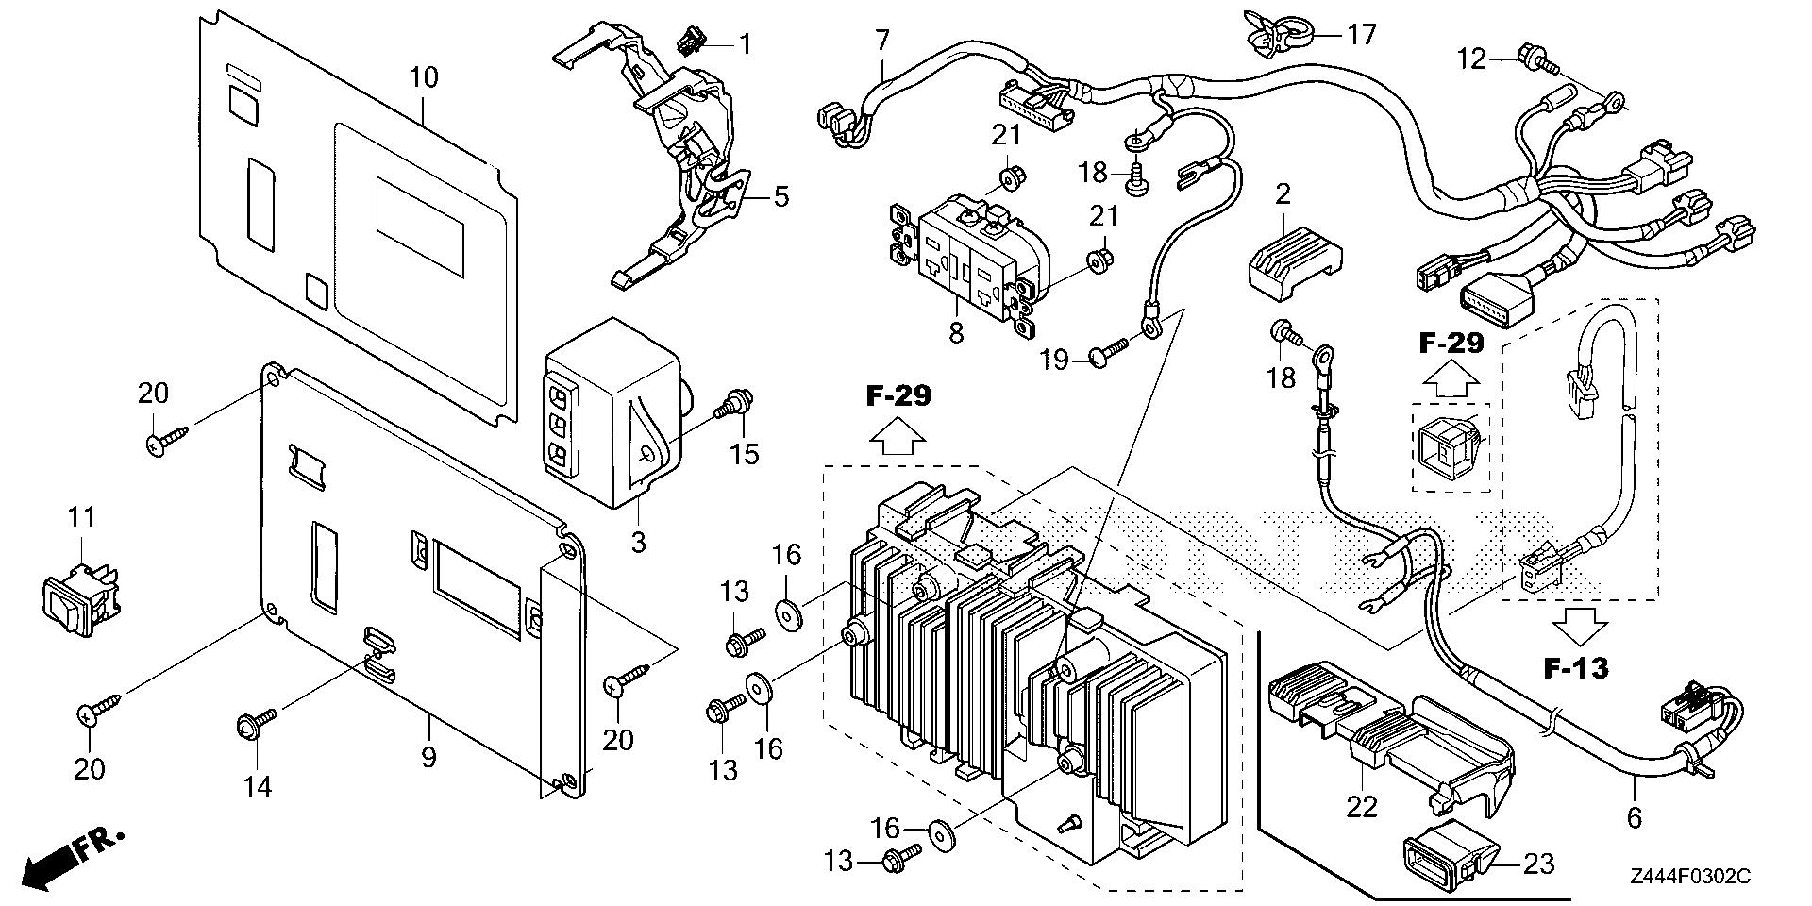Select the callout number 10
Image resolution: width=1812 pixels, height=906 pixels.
tap(424, 77)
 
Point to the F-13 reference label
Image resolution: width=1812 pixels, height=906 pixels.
tap(1576, 669)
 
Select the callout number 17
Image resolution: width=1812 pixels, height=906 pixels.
tap(1362, 35)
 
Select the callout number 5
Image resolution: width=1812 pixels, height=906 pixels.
tap(780, 197)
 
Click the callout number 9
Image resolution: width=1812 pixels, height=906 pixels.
tap(429, 757)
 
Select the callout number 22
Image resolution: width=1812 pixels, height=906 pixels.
tap(1362, 806)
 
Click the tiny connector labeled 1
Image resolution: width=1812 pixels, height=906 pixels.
tap(691, 42)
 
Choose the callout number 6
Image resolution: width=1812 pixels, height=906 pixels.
tap(1634, 817)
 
